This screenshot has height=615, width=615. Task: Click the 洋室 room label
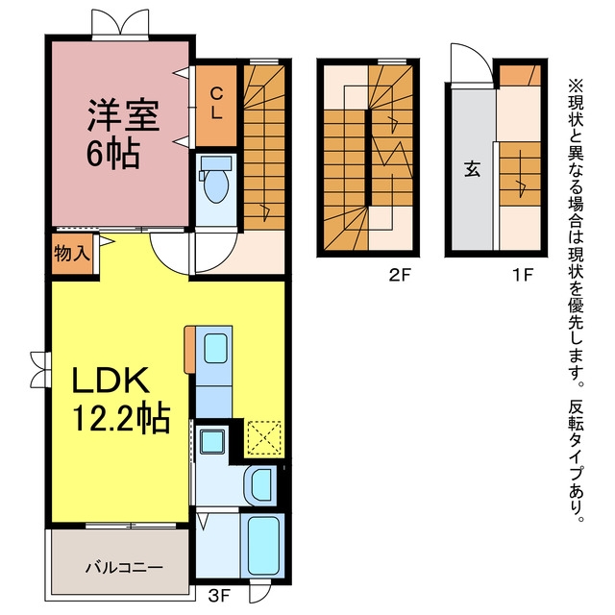point(123,115)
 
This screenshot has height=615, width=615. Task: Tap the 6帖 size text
point(113,154)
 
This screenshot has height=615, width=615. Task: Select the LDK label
point(111,380)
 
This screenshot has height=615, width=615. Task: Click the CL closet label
point(216,103)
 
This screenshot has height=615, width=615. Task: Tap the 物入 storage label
point(72,253)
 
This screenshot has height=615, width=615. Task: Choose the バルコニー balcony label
point(124,567)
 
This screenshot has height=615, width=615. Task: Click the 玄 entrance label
point(472,169)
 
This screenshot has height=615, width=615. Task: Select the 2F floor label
point(400,275)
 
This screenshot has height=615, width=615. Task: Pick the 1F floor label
point(523,275)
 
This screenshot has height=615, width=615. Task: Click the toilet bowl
point(215,185)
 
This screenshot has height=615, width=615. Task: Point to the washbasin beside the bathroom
point(260,485)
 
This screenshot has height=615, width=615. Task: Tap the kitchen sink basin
point(215,348)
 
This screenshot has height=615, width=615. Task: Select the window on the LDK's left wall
point(40,369)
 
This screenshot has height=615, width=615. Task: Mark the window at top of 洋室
point(120,24)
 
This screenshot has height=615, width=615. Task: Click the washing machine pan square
point(212,441)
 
